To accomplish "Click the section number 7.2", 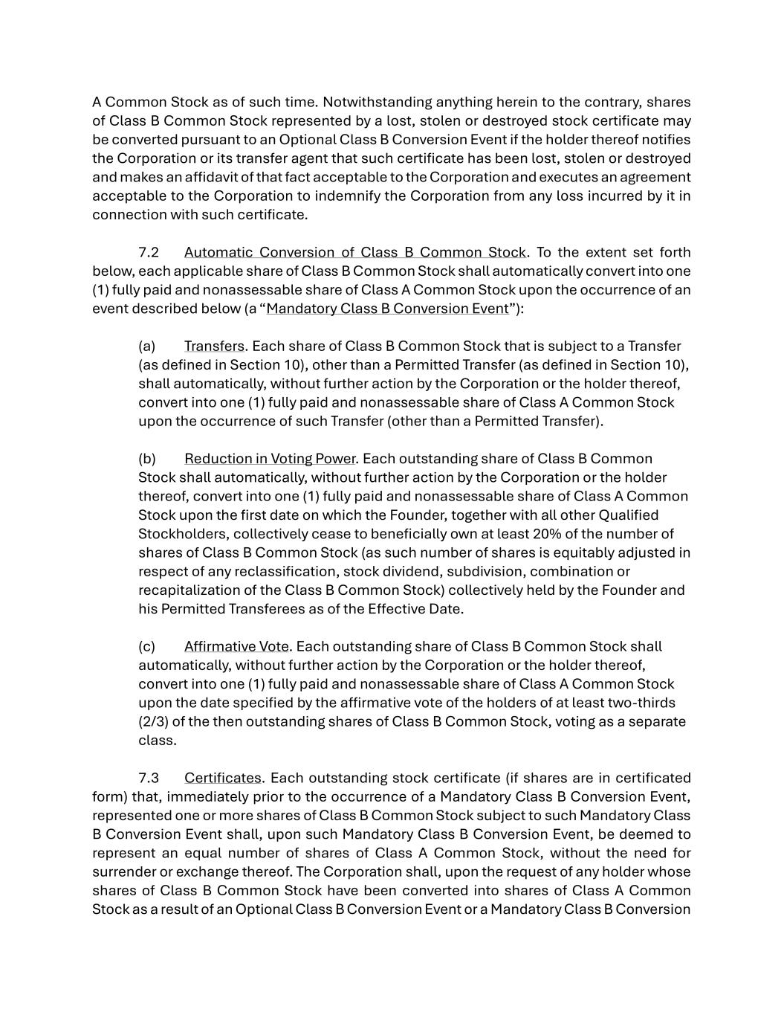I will click(x=149, y=253).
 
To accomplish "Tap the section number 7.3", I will click(x=149, y=779).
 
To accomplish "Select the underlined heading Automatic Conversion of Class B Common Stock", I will click(x=354, y=253).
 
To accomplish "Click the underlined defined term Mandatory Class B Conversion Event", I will click(x=387, y=309).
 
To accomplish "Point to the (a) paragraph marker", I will click(x=146, y=347).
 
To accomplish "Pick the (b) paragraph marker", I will click(x=146, y=459).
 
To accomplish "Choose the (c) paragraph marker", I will click(x=146, y=647).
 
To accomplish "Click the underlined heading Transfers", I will click(x=214, y=347).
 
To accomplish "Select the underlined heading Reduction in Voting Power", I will click(x=270, y=459).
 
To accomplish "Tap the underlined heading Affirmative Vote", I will click(x=236, y=647).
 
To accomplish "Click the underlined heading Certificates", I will click(x=222, y=779).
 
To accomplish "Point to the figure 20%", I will click(x=617, y=534).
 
